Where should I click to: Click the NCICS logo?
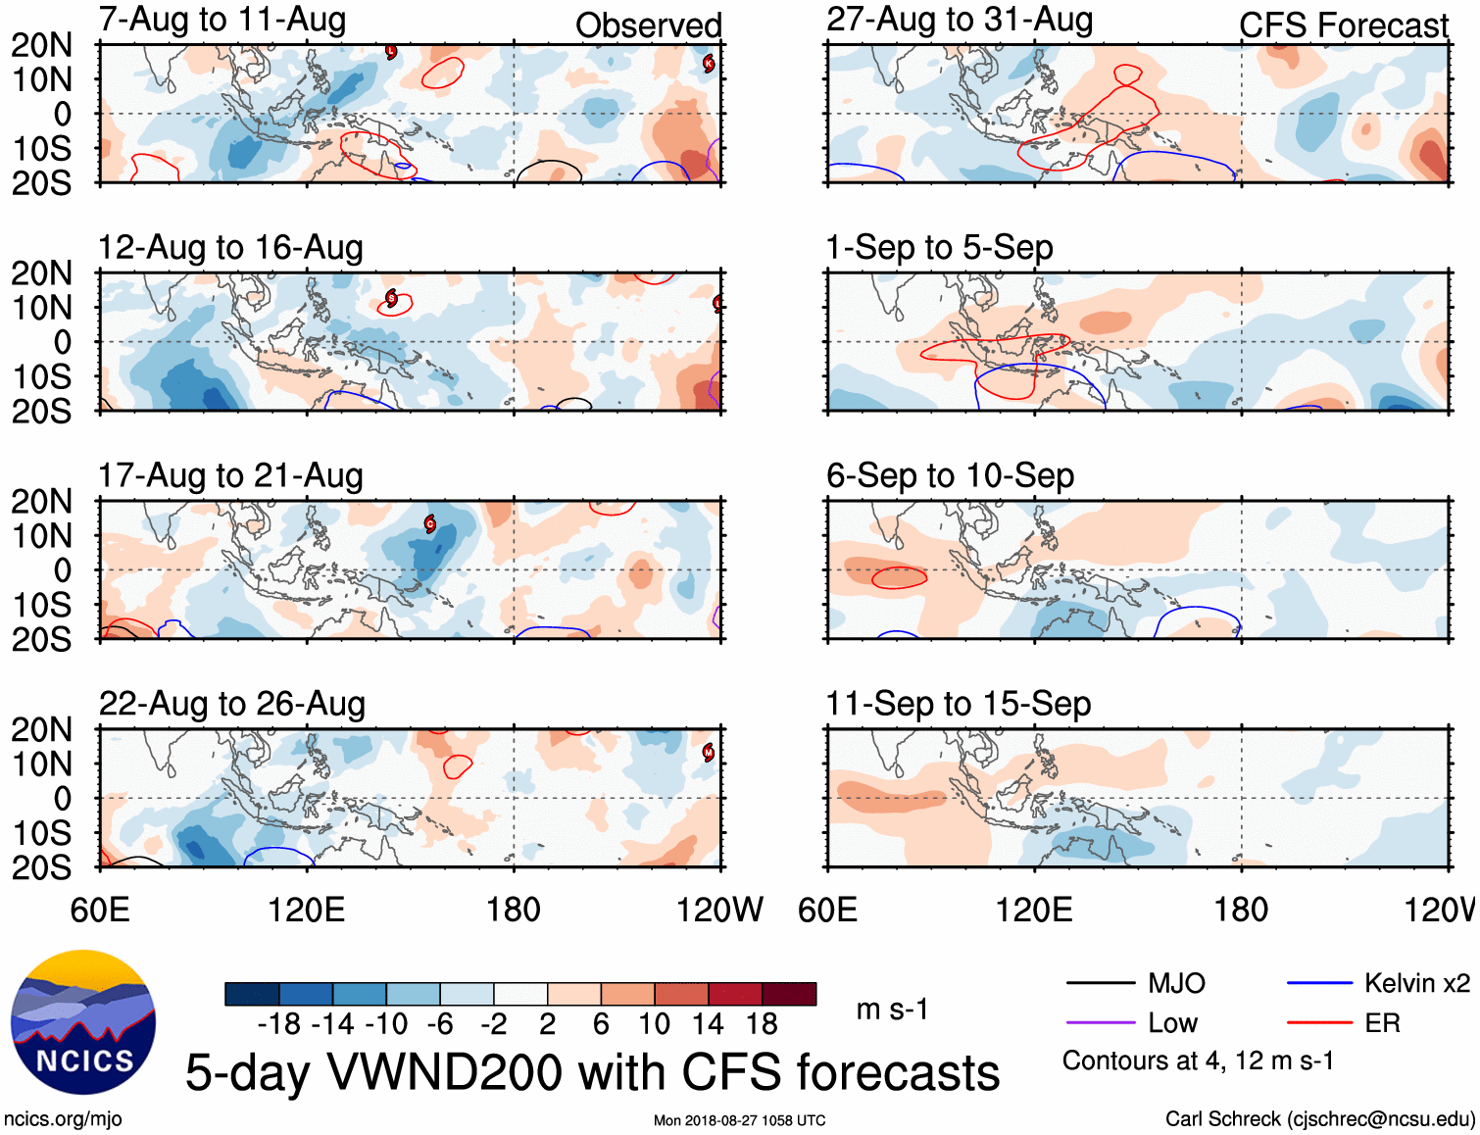pyautogui.click(x=83, y=1022)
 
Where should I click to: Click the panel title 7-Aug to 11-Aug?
pyautogui.click(x=222, y=20)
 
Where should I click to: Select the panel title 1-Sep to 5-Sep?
pyautogui.click(x=939, y=247)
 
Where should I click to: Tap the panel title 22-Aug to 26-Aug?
pyautogui.click(x=232, y=704)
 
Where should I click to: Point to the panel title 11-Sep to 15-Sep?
pyautogui.click(x=958, y=704)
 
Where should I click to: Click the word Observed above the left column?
pyautogui.click(x=648, y=25)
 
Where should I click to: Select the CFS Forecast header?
pyautogui.click(x=1343, y=25)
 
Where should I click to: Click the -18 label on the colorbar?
pyautogui.click(x=279, y=1024)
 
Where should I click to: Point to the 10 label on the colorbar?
pyautogui.click(x=654, y=1024)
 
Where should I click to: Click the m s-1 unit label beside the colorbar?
pyautogui.click(x=892, y=1010)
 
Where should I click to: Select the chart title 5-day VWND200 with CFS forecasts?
pyautogui.click(x=592, y=1072)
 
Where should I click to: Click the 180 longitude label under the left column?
pyautogui.click(x=514, y=910)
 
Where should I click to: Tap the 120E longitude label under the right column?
pyautogui.click(x=1034, y=910)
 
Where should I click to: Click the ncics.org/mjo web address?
pyautogui.click(x=63, y=1119)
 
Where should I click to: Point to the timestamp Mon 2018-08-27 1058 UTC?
pyautogui.click(x=739, y=1120)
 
